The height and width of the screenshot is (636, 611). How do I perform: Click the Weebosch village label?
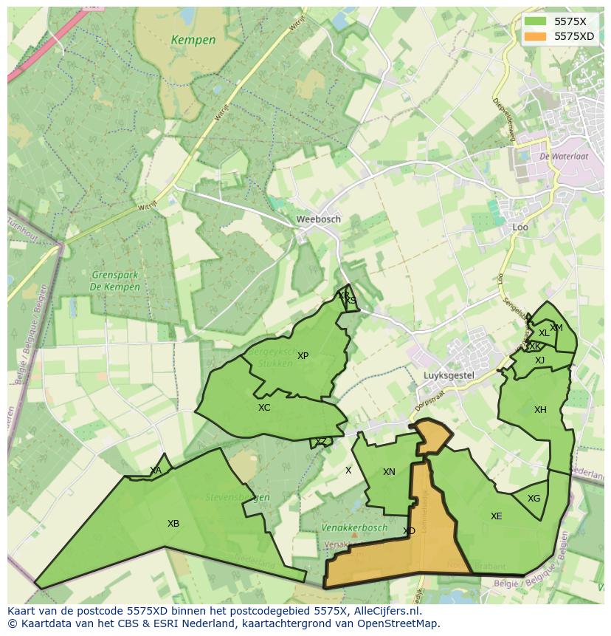(x=318, y=219)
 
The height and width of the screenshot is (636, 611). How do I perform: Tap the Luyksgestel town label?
(x=447, y=375)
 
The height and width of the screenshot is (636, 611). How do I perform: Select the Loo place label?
(x=520, y=228)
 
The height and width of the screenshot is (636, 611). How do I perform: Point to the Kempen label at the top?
(x=193, y=40)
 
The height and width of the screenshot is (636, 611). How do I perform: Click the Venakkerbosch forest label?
(x=354, y=528)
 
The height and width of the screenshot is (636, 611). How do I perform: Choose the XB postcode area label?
(x=173, y=524)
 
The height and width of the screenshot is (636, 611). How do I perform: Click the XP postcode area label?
(x=303, y=356)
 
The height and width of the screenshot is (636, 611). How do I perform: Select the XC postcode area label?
(x=264, y=408)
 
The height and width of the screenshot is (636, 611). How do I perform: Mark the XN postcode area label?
(x=389, y=472)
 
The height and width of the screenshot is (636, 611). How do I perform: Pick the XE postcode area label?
(x=496, y=516)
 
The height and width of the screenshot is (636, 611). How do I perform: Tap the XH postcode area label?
(x=540, y=410)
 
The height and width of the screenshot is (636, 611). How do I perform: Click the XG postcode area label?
(x=534, y=499)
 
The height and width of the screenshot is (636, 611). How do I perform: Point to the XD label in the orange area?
(x=409, y=531)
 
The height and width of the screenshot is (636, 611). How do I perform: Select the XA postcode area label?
(x=156, y=471)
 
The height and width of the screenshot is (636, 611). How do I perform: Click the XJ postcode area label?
(x=539, y=360)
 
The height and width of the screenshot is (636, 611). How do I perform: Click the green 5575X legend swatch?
(x=536, y=21)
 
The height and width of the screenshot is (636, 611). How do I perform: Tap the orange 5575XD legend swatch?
(x=536, y=35)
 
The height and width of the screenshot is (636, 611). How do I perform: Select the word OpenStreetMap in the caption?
(x=399, y=623)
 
